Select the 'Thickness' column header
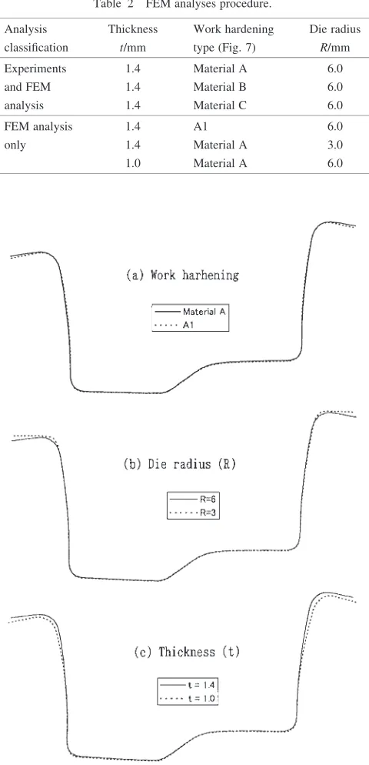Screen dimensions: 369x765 pos(133,29)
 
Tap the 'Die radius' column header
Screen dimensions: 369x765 pos(335,29)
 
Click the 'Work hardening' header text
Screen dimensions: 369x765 pos(234,29)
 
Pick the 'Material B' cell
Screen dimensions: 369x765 pos(220,87)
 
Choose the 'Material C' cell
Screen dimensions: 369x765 pos(220,105)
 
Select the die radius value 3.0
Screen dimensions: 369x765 pos(335,145)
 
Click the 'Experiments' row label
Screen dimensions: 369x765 pos(35,68)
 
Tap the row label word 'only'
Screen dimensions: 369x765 pos(15,145)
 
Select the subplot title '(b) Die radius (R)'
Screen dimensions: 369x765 pos(178,465)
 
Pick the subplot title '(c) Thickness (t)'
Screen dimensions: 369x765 pos(187,653)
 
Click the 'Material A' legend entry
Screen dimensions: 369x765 pos(190,311)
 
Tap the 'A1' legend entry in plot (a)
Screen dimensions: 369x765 pos(174,324)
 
